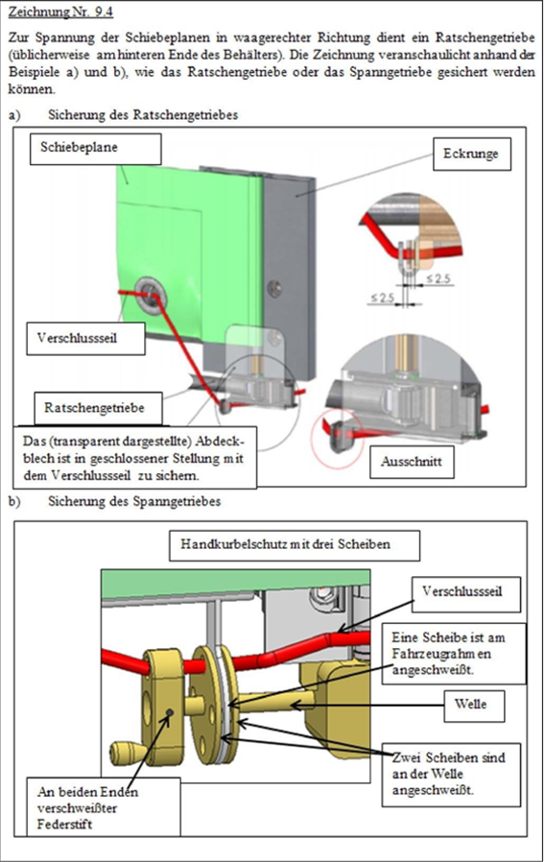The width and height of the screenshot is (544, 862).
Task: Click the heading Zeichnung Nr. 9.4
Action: point(61,12)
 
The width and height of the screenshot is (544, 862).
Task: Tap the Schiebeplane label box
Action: point(95,149)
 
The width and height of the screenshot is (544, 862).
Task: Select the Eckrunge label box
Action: point(471,154)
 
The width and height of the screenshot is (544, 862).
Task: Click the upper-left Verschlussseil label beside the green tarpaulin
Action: point(85,338)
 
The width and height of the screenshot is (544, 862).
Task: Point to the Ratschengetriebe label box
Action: point(99,409)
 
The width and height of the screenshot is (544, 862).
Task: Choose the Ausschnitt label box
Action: point(412,462)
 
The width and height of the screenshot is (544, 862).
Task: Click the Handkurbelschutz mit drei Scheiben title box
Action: point(294,545)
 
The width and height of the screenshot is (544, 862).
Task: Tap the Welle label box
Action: point(474,705)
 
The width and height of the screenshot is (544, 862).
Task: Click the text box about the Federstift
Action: point(104,808)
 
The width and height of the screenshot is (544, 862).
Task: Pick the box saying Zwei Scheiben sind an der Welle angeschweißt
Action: point(451,776)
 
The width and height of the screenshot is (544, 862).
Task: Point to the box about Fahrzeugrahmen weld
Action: point(453,654)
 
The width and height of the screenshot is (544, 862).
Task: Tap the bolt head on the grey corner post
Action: point(274,287)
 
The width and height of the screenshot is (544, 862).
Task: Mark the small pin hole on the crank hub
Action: point(169,713)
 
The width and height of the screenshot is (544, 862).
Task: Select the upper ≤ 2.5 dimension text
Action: point(438,279)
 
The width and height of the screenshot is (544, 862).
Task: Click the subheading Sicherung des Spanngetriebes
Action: point(134,501)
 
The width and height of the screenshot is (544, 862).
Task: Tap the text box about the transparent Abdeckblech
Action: point(134,457)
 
